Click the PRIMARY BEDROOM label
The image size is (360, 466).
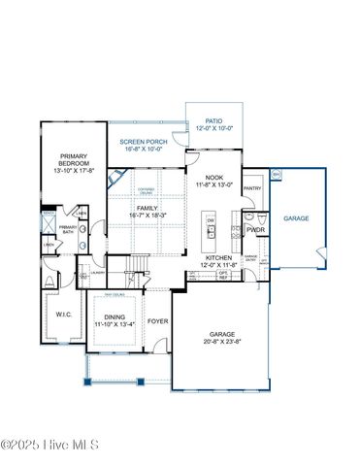click(x=74, y=160)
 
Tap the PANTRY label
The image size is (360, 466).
click(x=252, y=188)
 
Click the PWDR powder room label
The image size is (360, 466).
click(x=255, y=230)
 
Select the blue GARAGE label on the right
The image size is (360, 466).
click(x=296, y=218)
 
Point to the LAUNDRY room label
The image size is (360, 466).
click(x=112, y=272)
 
